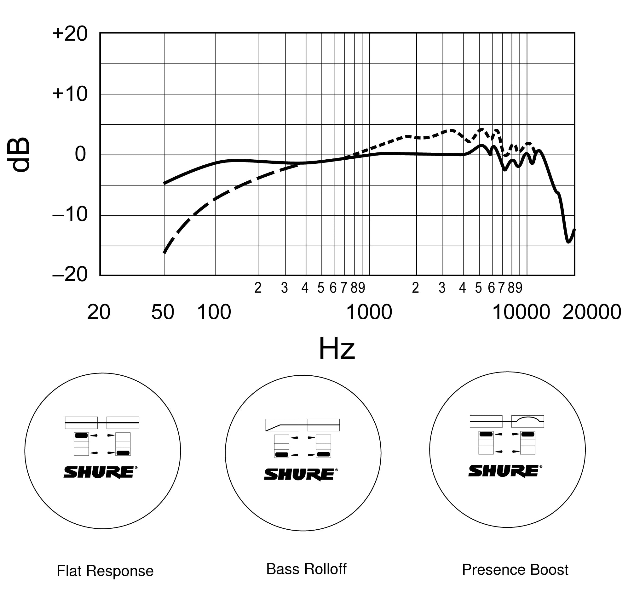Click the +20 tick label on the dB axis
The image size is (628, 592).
[x=70, y=34]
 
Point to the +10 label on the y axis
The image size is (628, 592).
[x=70, y=94]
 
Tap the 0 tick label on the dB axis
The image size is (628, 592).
[x=80, y=154]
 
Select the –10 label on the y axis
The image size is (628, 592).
[x=70, y=214]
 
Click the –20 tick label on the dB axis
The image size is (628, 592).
[x=70, y=274]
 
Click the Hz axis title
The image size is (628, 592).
[x=337, y=349]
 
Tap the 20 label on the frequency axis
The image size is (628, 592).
[x=99, y=312]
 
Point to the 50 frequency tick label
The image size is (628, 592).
[x=163, y=312]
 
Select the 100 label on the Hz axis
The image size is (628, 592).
[x=214, y=312]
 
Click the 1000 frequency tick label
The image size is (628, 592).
[x=369, y=312]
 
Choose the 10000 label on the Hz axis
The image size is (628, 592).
[x=521, y=312]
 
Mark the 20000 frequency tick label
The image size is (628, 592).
[x=592, y=312]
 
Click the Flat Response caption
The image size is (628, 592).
[x=105, y=571]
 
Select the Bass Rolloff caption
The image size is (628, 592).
[x=306, y=569]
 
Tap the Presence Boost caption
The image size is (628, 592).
[x=515, y=570]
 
